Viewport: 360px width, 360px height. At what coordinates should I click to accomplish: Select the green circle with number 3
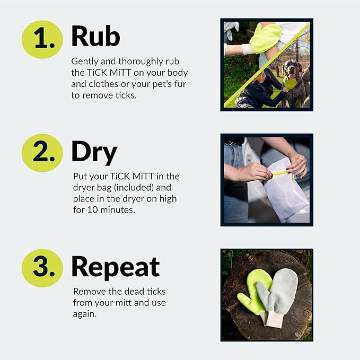coord(42,267)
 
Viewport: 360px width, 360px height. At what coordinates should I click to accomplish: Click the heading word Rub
coord(95,36)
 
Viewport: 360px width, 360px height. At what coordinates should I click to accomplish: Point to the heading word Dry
coord(94,152)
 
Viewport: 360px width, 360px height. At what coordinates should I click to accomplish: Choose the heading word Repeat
coord(115,267)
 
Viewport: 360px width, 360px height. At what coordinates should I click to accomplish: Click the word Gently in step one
coord(85,61)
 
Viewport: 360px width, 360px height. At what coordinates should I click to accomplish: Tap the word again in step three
coord(85,314)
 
